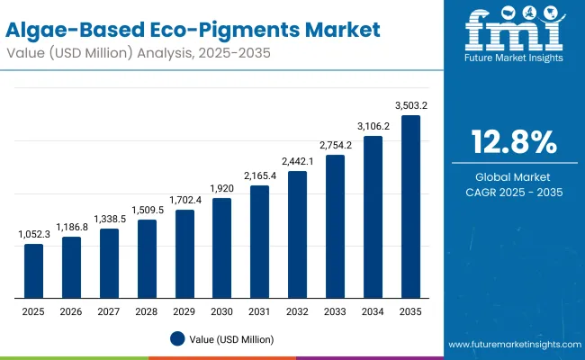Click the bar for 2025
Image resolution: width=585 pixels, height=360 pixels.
33,271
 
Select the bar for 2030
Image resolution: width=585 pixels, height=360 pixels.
221,248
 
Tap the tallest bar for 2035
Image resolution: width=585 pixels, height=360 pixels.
410,207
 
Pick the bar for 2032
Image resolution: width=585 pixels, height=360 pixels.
297,235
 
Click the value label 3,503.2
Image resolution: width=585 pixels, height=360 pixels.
410,105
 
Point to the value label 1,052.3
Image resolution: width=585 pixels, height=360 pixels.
33,234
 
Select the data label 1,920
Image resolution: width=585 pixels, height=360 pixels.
221,188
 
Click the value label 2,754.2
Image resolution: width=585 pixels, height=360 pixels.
335,144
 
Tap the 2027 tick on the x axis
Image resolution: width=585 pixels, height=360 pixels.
109,310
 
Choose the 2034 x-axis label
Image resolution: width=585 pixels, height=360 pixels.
373,310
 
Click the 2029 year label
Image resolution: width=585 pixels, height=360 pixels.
184,310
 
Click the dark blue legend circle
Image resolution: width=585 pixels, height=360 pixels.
178,338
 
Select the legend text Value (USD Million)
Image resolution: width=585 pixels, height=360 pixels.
231,339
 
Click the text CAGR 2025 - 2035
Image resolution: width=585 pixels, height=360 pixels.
514,192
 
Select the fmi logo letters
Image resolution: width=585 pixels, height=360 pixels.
514,31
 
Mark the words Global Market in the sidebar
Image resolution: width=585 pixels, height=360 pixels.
514,176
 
